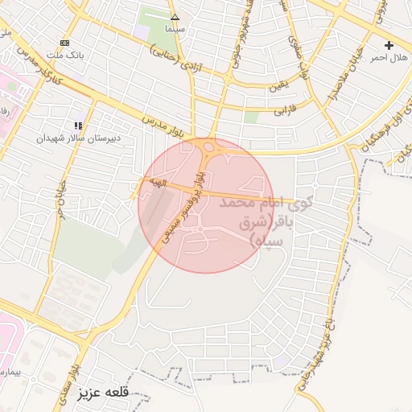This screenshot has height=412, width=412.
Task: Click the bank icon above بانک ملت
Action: point(64,43)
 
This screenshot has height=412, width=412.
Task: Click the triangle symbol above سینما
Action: point(175,16)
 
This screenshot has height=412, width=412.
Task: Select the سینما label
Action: point(175,29)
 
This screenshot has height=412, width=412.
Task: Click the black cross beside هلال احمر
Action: point(389,45)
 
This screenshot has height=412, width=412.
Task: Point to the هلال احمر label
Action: point(389,58)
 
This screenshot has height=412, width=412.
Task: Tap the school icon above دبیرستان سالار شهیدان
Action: point(78,126)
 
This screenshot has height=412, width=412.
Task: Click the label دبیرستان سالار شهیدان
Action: point(78,138)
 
